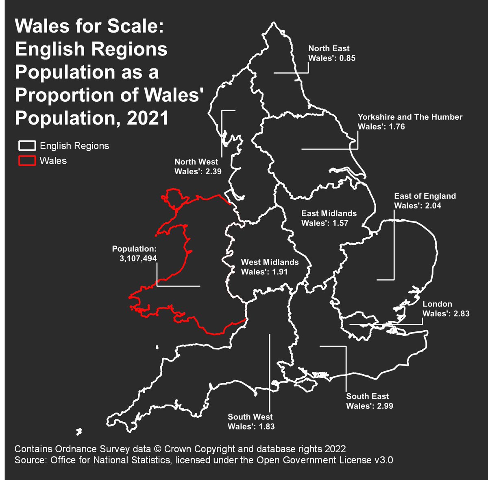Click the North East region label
pos(329,48)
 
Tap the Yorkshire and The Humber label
pos(410,117)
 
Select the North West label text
pos(196,162)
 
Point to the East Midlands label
pos(329,213)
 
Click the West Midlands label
pos(270,262)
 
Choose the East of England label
pos(425,196)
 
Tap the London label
pos(437,304)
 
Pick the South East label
pos(367,396)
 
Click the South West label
pos(250,417)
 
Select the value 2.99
pos(384,406)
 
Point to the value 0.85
pos(347,58)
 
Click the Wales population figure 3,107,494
pos(138,258)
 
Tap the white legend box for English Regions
pos(27,146)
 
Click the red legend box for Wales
pos(27,161)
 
